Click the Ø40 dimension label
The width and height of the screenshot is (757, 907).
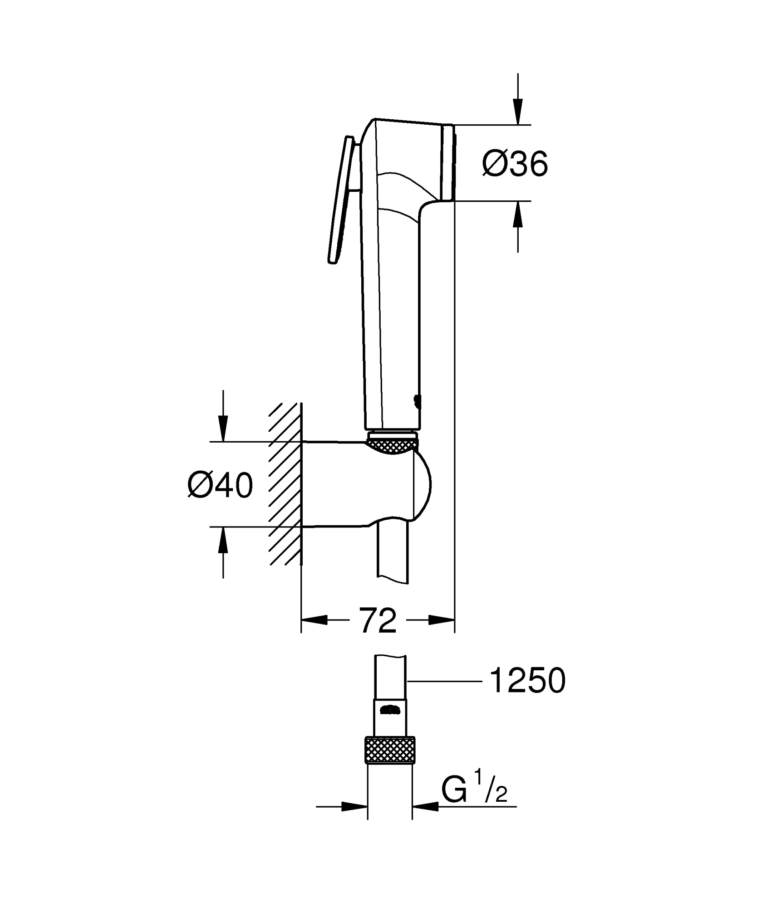click(220, 485)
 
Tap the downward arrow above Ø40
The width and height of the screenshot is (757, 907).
click(222, 427)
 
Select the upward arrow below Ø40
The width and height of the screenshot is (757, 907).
click(222, 541)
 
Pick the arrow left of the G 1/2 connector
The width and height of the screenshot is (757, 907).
click(354, 807)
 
